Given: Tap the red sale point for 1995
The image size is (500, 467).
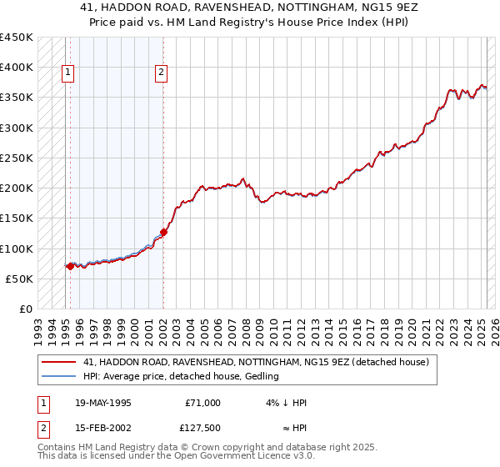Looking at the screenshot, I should (70, 266).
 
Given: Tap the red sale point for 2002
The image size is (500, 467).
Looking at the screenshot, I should (164, 233).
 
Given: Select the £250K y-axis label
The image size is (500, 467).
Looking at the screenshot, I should (17, 158).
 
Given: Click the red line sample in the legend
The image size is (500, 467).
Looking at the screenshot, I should (57, 363).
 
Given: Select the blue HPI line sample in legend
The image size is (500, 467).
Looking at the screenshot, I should (57, 376).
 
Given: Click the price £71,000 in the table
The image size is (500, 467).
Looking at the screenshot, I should (202, 403).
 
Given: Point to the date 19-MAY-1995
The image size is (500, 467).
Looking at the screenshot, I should (103, 403).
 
